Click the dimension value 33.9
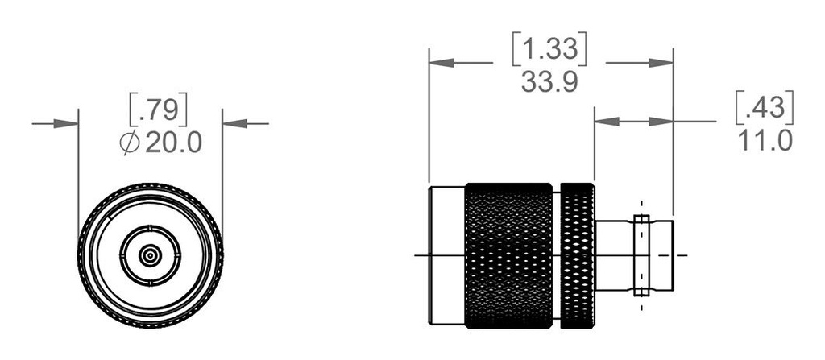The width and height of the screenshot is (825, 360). (550, 82)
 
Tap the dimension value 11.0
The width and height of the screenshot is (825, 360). (765, 139)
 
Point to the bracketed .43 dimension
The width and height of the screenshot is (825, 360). (765, 106)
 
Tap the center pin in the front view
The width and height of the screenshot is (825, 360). (150, 256)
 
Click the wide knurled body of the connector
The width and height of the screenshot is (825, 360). (508, 254)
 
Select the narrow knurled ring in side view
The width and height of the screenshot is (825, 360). (577, 254)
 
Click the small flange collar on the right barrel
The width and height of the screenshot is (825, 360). (641, 254)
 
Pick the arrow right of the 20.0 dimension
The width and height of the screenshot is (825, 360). (234, 123)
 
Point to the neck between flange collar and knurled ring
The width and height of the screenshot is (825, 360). (614, 254)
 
